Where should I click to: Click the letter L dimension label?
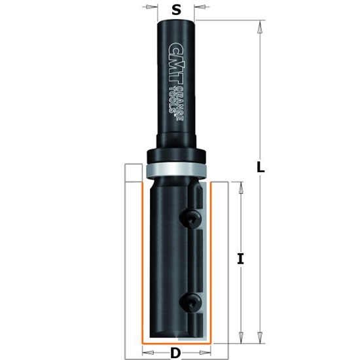coord(261,167)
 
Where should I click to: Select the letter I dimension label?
coord(240,259)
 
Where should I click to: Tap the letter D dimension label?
coord(175,353)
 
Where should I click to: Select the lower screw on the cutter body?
coord(190,302)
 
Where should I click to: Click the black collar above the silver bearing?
coord(176,155)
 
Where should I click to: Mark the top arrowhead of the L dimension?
coord(261,26)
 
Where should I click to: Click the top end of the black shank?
coord(176,22)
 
